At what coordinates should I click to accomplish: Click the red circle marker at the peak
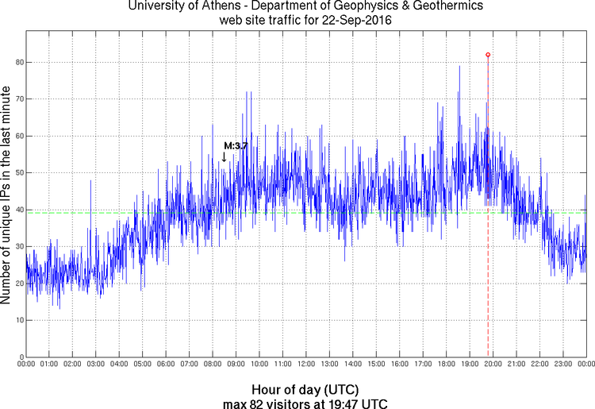click(487, 55)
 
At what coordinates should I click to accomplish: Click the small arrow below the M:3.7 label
click(225, 157)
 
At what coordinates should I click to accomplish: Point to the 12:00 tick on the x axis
click(305, 365)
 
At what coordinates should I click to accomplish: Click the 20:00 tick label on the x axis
click(493, 365)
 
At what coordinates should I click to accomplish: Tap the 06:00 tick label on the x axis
click(166, 365)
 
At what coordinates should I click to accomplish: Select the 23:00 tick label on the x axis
click(562, 365)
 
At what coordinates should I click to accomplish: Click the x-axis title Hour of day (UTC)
click(305, 389)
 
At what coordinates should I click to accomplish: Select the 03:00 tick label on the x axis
click(95, 365)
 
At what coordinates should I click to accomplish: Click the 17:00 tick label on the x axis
click(422, 365)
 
